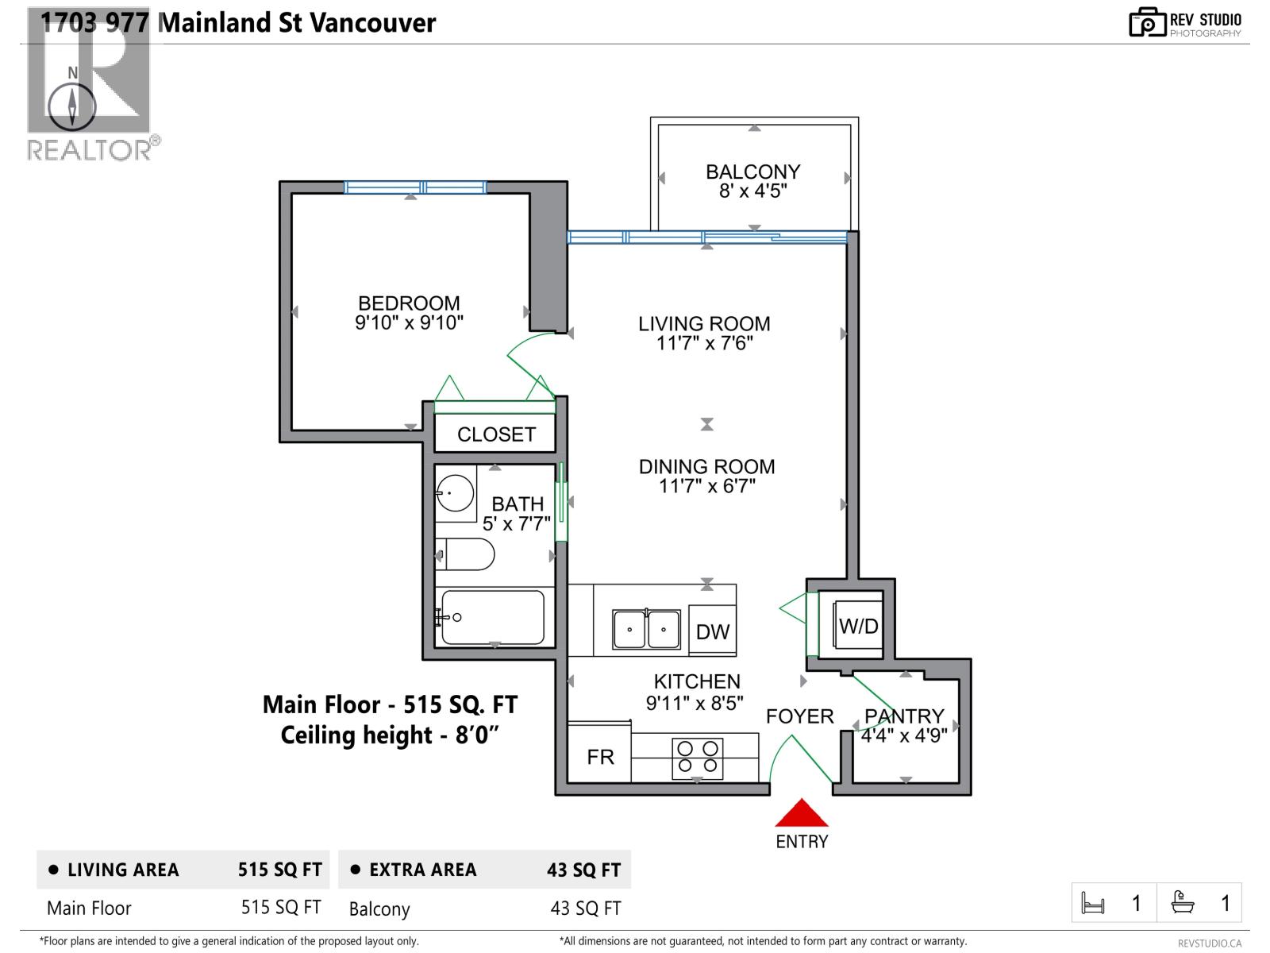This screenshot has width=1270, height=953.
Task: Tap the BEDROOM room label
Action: [409, 303]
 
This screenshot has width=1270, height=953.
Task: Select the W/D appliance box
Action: [858, 626]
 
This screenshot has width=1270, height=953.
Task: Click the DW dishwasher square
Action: [713, 631]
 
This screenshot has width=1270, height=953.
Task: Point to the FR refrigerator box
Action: [600, 757]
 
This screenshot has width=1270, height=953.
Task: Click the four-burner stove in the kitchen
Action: [698, 758]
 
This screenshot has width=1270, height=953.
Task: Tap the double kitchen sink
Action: [646, 629]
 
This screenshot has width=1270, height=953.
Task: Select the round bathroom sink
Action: [455, 494]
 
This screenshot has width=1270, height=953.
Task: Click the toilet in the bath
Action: [467, 554]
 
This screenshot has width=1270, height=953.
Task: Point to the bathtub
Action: [493, 617]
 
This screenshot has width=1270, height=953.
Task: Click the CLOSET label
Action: [496, 434]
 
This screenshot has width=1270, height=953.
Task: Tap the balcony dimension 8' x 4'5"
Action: [752, 191]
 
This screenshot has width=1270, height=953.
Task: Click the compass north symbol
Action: [72, 106]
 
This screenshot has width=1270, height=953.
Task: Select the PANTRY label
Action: [904, 716]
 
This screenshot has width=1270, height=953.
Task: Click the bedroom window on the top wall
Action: [415, 187]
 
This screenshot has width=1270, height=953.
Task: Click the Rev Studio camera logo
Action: [1147, 22]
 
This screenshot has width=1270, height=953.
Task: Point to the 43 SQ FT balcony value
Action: [586, 908]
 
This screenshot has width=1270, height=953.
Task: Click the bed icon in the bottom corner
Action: [1093, 903]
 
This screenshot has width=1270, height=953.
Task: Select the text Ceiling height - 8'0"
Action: [390, 735]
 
